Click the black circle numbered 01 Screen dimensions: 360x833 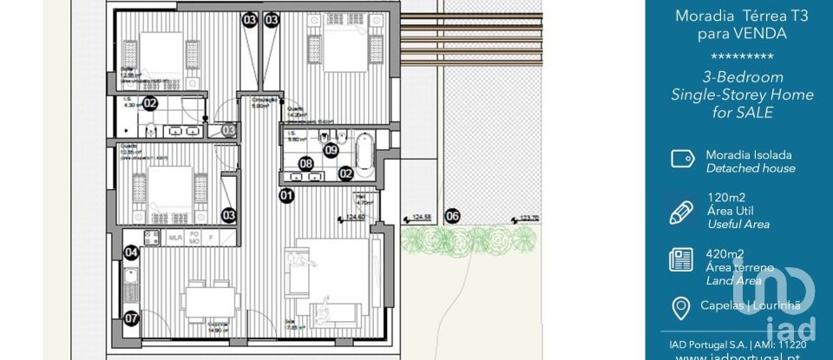286,196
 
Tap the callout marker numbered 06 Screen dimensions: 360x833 452,217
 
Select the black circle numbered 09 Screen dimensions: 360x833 331,149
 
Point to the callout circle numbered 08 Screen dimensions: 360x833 305,163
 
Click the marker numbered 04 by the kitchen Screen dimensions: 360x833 131,253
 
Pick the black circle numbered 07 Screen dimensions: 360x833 131,318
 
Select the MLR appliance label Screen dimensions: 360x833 175,236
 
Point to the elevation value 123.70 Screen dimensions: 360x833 529,219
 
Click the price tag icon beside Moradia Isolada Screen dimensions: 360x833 682,159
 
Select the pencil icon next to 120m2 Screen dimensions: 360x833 682,211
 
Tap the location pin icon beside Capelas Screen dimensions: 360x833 681,307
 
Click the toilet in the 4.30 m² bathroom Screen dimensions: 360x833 151,130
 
